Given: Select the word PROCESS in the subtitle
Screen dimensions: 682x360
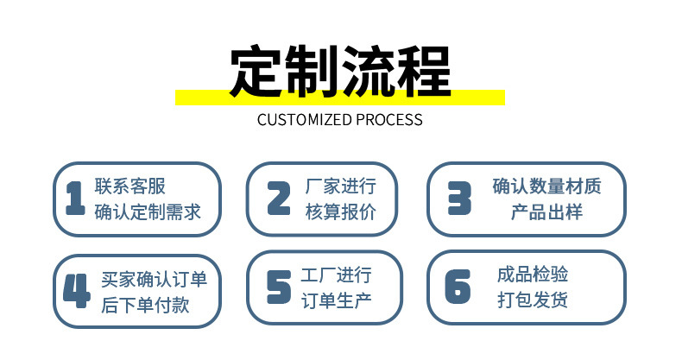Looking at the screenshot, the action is point(392,120).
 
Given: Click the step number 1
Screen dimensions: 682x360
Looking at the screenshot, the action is point(75,199).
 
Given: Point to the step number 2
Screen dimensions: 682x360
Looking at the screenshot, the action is point(278,199).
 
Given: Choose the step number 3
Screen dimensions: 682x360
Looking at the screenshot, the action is point(458,199).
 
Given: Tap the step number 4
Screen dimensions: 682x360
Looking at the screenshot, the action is point(76,291).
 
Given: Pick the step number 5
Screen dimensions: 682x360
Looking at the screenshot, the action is point(278,287).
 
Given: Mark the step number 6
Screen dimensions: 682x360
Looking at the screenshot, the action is point(458,287).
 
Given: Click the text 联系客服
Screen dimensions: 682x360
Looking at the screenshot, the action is point(129,187).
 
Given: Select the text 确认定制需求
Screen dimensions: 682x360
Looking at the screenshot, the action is point(147,212).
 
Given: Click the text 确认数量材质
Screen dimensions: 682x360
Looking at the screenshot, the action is point(546,187).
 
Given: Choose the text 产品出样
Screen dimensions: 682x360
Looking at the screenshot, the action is point(546,212).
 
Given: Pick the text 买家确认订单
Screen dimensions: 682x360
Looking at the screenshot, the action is point(154,280).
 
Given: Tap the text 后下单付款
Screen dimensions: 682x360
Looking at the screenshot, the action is point(145,305).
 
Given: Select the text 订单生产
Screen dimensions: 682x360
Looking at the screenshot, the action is point(336,300).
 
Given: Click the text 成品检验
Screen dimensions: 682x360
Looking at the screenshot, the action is point(533,275).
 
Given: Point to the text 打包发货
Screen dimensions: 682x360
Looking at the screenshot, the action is point(533,300).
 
